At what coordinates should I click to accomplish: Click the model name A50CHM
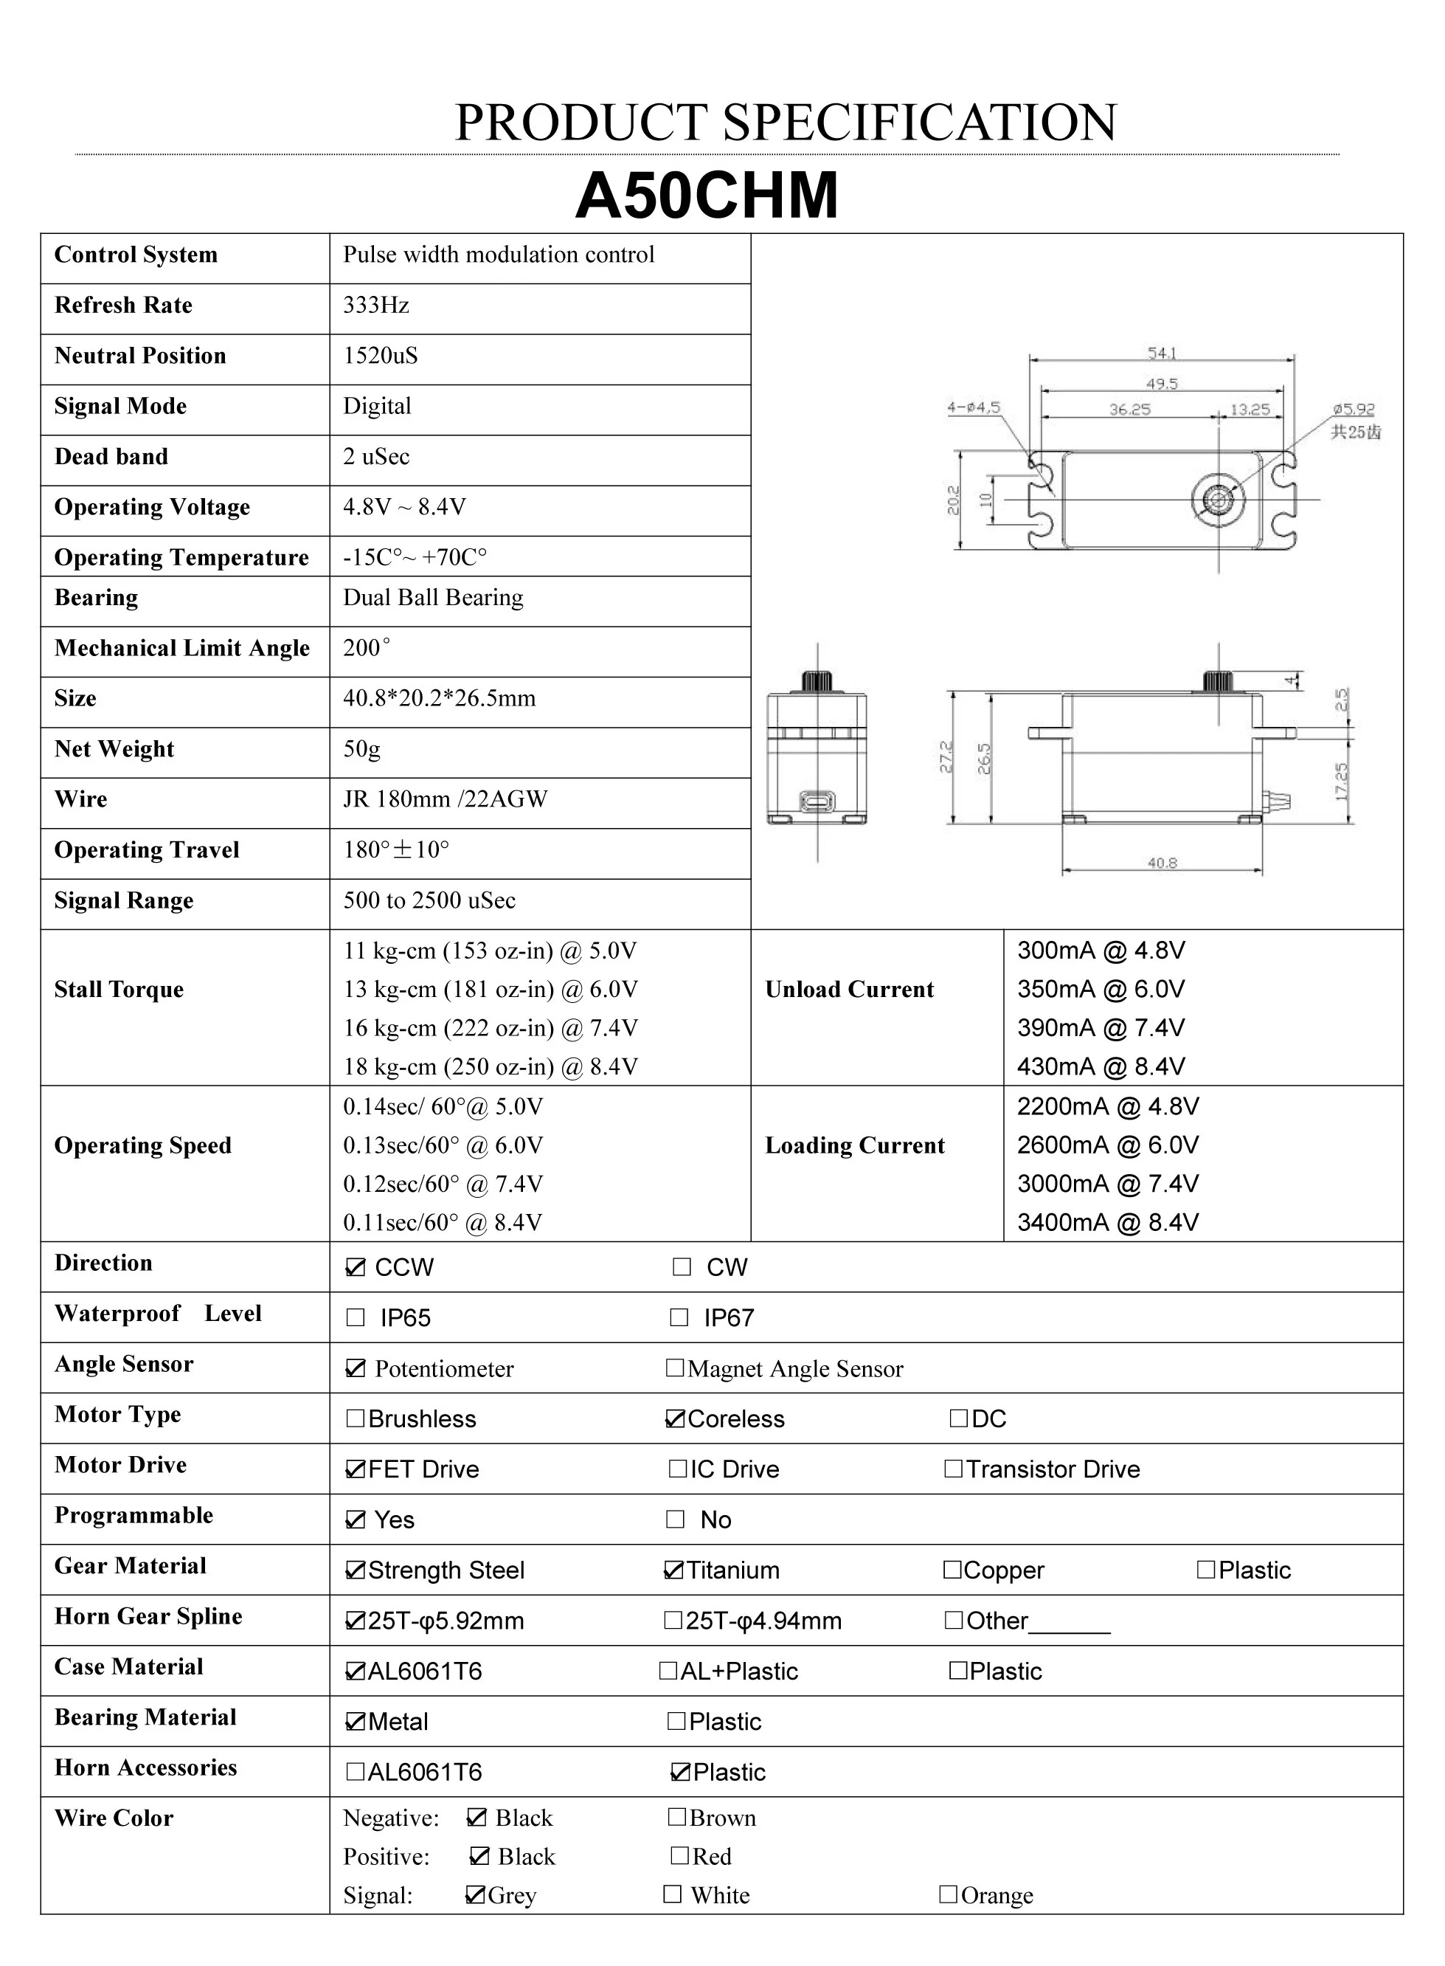click(x=706, y=194)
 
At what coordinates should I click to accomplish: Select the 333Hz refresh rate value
click(x=376, y=306)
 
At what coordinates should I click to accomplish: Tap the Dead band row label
click(x=111, y=457)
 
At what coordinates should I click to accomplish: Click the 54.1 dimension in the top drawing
click(x=1162, y=353)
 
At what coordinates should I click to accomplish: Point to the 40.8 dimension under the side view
click(x=1162, y=863)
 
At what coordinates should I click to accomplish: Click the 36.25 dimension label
click(x=1129, y=410)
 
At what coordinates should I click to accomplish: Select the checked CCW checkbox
click(x=355, y=1268)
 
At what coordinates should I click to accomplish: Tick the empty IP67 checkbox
click(x=679, y=1317)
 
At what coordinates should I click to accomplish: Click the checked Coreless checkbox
click(x=674, y=1419)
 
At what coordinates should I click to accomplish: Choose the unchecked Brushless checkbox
click(x=355, y=1419)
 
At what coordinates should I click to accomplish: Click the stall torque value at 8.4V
click(x=490, y=1066)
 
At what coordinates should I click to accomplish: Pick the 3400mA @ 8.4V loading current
click(x=1107, y=1222)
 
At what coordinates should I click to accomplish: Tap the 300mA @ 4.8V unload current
click(x=1101, y=951)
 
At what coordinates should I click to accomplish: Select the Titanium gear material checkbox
click(x=673, y=1570)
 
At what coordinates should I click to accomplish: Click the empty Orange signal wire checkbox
click(x=947, y=1894)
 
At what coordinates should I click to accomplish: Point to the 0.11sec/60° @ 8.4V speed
click(x=443, y=1222)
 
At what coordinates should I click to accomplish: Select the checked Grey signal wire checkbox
click(x=475, y=1894)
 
